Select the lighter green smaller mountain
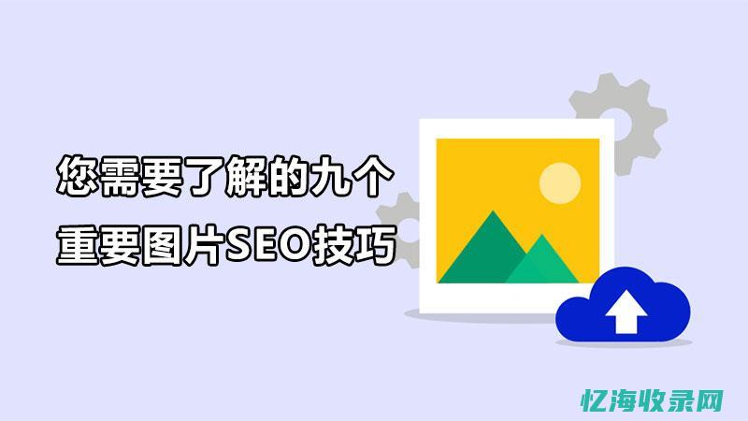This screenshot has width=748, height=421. click(x=543, y=261)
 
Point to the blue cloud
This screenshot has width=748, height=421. click(x=654, y=309)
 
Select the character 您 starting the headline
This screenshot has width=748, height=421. click(x=77, y=177)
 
